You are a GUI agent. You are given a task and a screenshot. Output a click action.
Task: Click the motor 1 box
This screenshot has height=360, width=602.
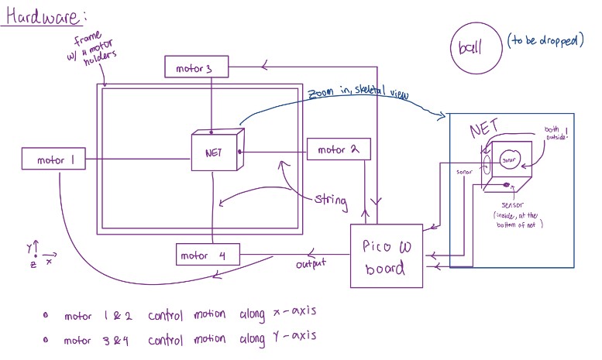click(55, 160)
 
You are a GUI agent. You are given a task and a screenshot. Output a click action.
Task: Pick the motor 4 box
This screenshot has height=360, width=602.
click(206, 255)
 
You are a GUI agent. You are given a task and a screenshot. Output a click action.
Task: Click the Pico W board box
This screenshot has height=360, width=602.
click(387, 257)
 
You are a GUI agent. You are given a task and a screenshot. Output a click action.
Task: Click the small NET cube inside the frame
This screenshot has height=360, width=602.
click(215, 152)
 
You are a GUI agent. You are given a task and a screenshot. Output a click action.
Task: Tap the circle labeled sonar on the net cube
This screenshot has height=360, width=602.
click(509, 161)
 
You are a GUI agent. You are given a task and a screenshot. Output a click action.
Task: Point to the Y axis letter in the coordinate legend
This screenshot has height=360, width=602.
click(30, 249)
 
